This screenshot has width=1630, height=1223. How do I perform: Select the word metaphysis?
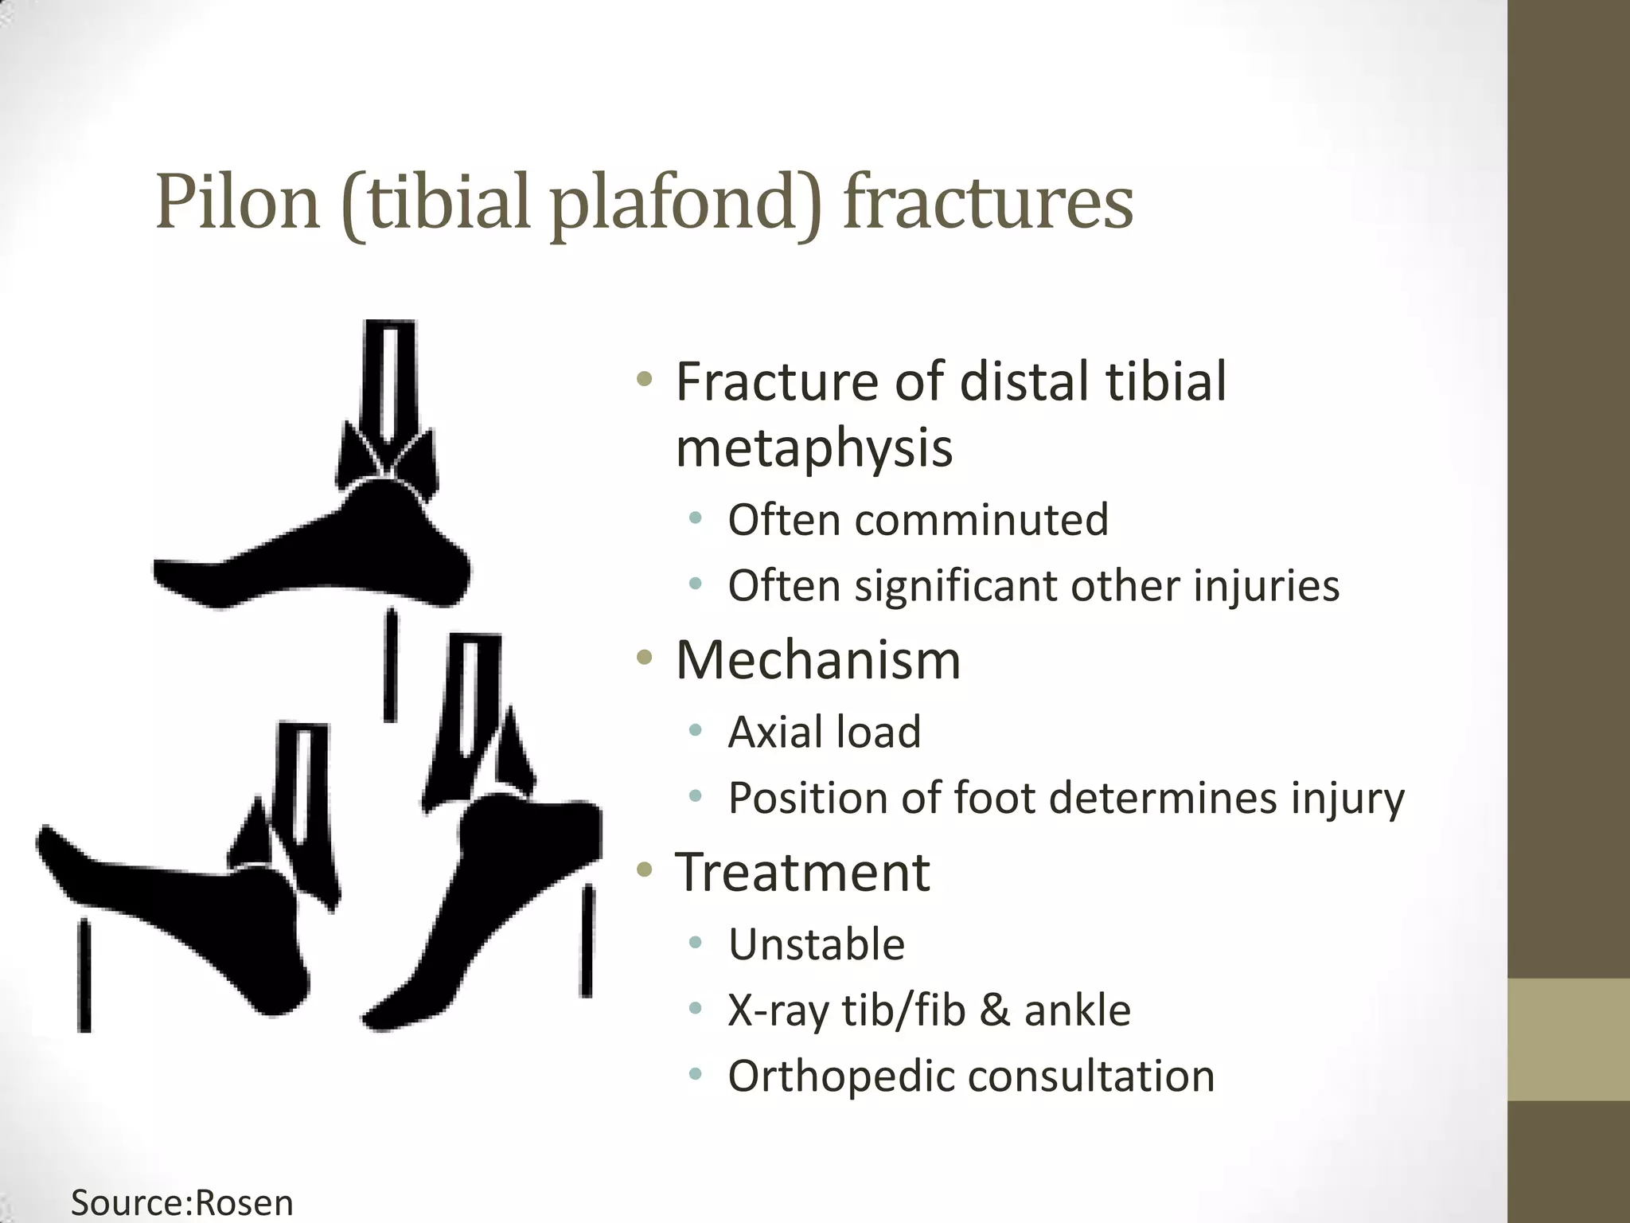[x=813, y=447]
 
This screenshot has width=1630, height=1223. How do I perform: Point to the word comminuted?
[x=981, y=520]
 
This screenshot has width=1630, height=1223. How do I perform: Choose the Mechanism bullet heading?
[x=818, y=660]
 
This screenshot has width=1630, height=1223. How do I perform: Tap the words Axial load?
[x=825, y=732]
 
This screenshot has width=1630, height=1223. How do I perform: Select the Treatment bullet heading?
[x=802, y=872]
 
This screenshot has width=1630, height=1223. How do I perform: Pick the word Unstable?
[x=817, y=944]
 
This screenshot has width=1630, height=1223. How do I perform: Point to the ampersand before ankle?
[x=994, y=1010]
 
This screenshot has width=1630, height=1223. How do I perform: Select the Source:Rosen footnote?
[x=182, y=1202]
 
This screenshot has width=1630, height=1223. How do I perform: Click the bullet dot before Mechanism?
[x=645, y=658]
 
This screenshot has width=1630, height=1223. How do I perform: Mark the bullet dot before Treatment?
[x=645, y=870]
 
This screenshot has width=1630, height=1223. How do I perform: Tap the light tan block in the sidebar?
[x=1568, y=1039]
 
